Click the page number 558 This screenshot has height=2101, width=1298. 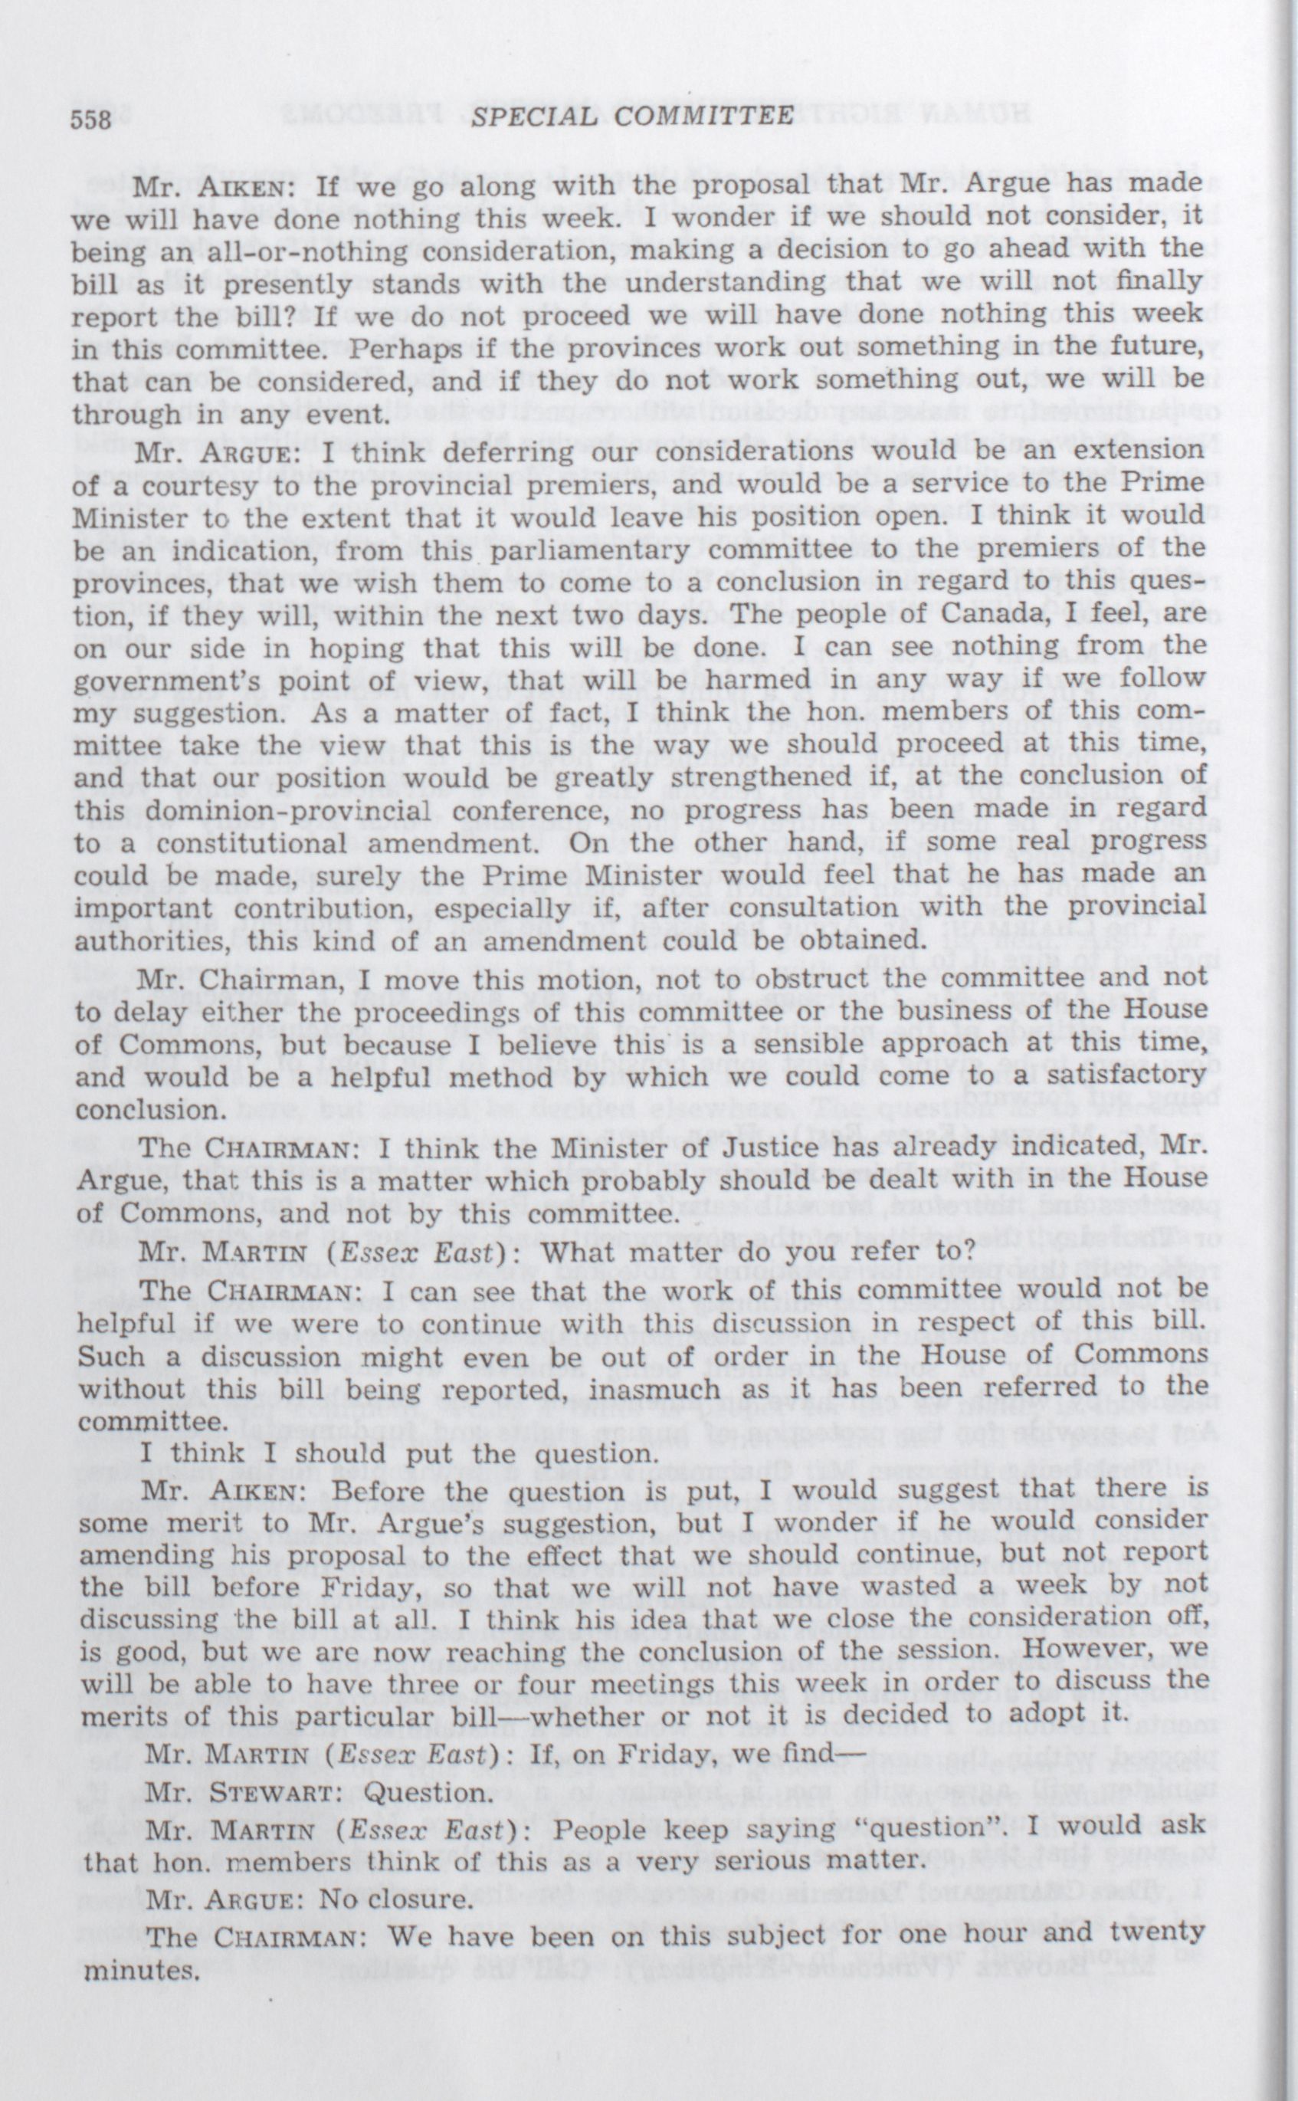91,120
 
